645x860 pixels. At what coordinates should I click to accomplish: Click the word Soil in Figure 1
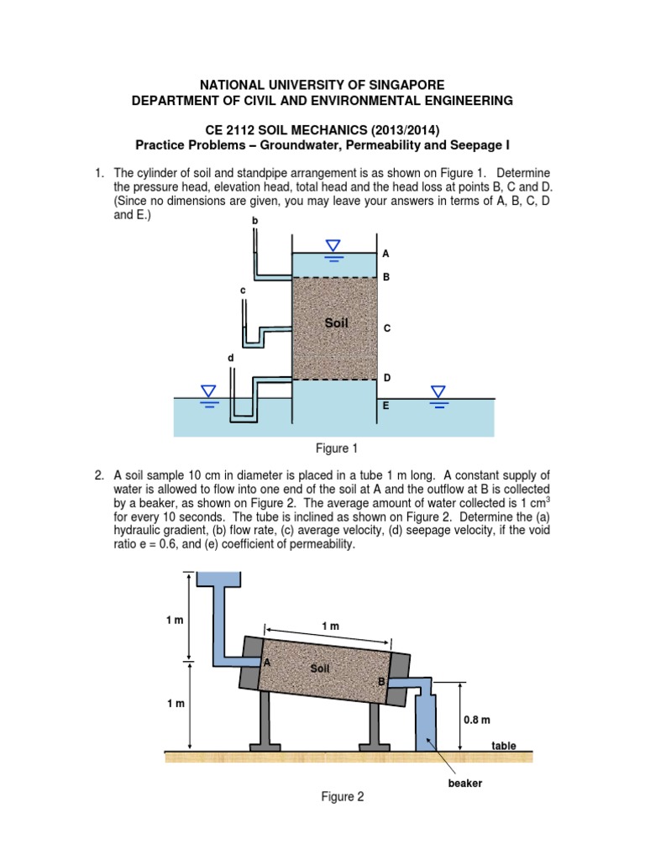[336, 322]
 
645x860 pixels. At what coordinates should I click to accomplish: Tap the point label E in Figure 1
[386, 405]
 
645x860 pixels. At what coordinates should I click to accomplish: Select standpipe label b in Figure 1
[255, 220]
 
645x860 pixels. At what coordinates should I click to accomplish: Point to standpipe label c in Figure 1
[243, 290]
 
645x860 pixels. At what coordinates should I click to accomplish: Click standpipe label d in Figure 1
[231, 358]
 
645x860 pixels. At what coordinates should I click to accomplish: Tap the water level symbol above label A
[333, 247]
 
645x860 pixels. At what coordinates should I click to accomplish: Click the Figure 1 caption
[334, 449]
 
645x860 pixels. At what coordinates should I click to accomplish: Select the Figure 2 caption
[343, 797]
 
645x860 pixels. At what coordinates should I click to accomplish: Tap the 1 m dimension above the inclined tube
[330, 627]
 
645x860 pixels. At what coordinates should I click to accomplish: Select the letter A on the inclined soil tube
[267, 663]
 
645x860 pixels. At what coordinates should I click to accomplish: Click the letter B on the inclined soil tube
[380, 682]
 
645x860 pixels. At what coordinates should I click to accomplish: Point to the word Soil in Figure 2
[320, 669]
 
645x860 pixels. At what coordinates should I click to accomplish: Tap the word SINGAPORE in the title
[397, 85]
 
